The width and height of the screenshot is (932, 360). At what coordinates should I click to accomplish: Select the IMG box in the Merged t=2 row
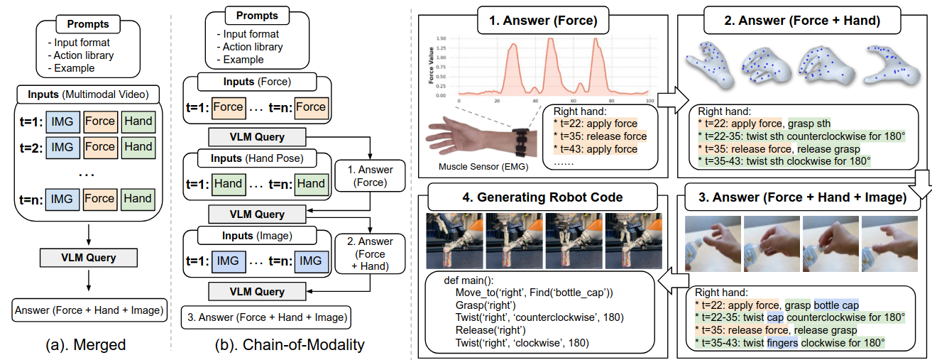[62, 147]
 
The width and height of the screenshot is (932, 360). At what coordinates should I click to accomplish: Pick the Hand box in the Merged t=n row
[138, 199]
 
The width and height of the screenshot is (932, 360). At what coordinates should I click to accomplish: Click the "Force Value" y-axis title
[431, 67]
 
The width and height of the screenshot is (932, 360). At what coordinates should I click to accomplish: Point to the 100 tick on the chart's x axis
[648, 102]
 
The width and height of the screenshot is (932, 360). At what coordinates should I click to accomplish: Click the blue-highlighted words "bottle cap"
[835, 305]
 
